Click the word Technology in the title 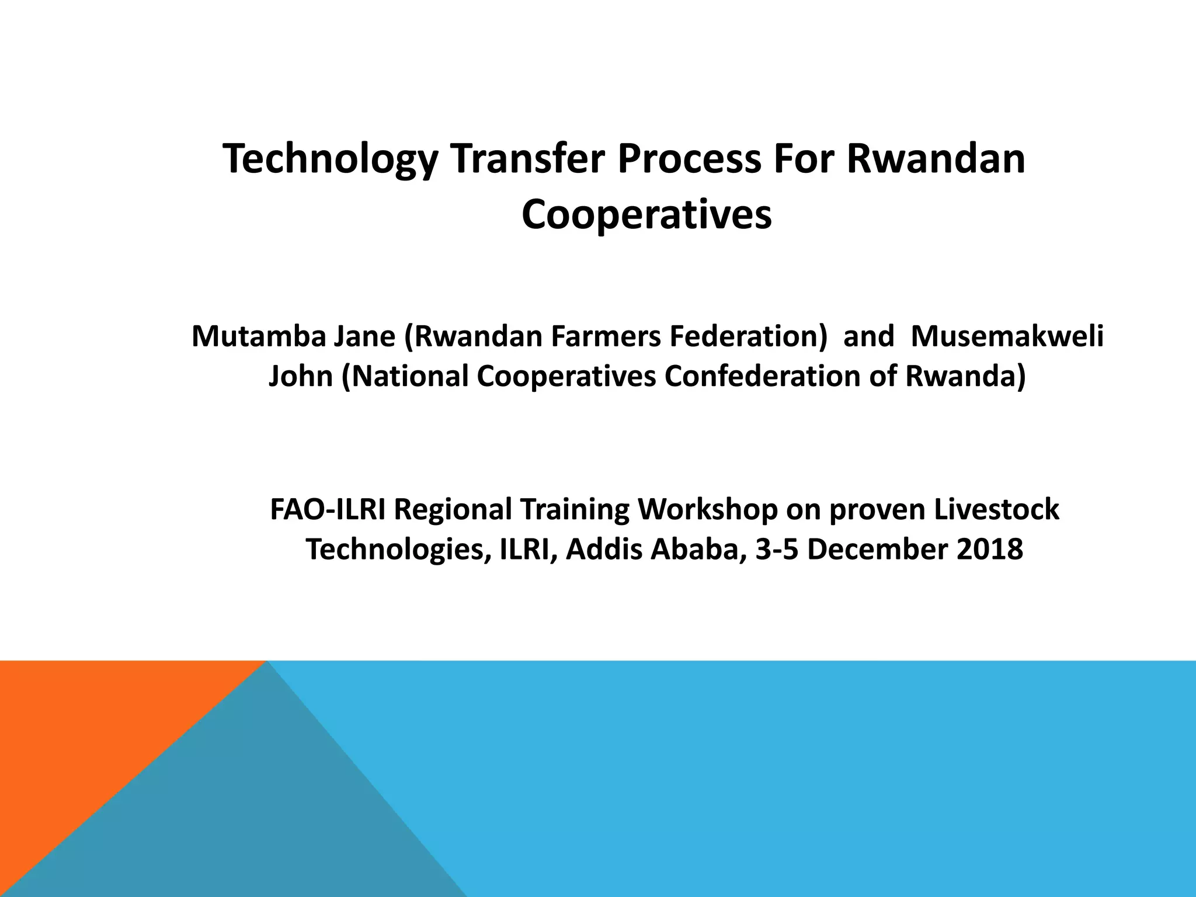point(330,159)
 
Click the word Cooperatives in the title point(646,215)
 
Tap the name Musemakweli point(1007,336)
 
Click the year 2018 point(990,550)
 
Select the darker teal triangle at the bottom point(263,818)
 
